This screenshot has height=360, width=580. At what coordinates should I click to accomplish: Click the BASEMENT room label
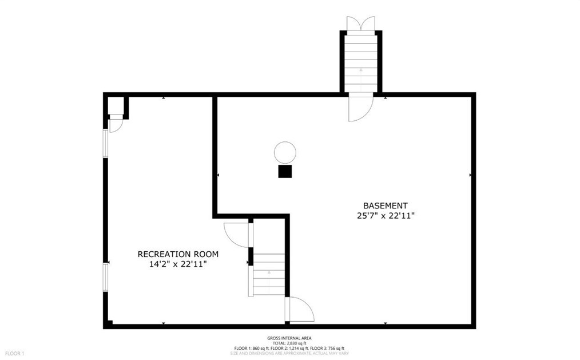pyautogui.click(x=386, y=205)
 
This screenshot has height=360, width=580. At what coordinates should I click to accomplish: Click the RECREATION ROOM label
pyautogui.click(x=178, y=254)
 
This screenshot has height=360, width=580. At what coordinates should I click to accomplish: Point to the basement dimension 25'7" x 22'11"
pyautogui.click(x=386, y=216)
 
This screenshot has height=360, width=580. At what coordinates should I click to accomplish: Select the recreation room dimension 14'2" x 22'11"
pyautogui.click(x=178, y=264)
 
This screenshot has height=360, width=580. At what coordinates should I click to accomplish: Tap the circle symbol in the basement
pyautogui.click(x=285, y=153)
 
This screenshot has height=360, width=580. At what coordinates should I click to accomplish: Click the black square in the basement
pyautogui.click(x=285, y=172)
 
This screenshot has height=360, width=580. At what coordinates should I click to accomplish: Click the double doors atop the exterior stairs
pyautogui.click(x=361, y=23)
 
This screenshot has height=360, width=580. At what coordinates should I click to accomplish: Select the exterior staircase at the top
pyautogui.click(x=361, y=60)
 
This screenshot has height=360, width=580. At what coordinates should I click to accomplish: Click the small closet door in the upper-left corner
pyautogui.click(x=115, y=123)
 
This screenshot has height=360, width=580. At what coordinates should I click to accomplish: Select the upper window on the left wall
pyautogui.click(x=105, y=143)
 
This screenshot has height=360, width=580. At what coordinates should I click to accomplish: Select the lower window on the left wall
pyautogui.click(x=105, y=278)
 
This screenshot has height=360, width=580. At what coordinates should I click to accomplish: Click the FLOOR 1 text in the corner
pyautogui.click(x=14, y=354)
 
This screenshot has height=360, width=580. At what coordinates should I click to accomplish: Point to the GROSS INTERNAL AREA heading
pyautogui.click(x=289, y=338)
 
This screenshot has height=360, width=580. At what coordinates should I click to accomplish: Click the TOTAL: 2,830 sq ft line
pyautogui.click(x=289, y=343)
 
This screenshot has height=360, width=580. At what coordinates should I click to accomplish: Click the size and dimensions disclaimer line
pyautogui.click(x=289, y=353)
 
